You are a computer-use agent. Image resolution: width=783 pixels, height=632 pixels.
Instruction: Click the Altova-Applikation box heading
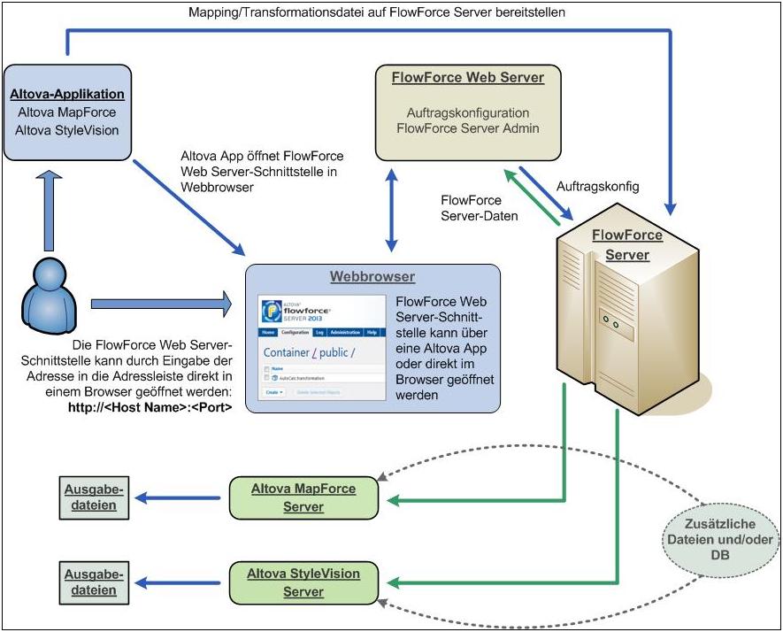[67, 94]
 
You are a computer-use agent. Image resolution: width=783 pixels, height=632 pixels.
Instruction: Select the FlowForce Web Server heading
[467, 78]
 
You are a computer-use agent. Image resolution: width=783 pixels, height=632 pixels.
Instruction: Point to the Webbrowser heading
[372, 277]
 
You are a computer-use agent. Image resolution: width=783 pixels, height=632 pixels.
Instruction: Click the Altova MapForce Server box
[303, 497]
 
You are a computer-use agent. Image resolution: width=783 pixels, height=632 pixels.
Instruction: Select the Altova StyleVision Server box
[303, 582]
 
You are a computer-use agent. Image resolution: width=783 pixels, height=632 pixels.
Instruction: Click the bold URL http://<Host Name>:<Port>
[144, 409]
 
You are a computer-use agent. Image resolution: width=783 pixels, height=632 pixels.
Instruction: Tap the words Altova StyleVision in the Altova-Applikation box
[67, 131]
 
